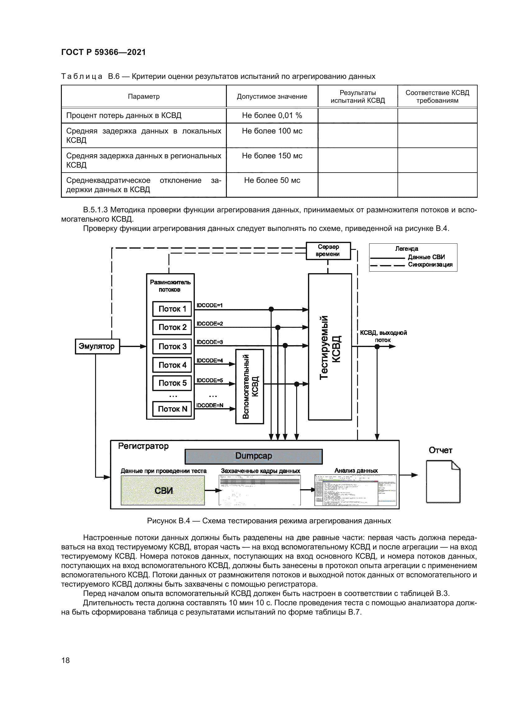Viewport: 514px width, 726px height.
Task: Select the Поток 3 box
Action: pos(172,346)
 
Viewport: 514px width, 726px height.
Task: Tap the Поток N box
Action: pos(172,409)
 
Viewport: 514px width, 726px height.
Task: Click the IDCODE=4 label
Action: pos(209,360)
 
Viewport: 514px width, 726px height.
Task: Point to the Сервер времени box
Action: pos(328,250)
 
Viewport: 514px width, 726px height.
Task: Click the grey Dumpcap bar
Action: pos(254,456)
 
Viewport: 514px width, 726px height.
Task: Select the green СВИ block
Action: pos(163,490)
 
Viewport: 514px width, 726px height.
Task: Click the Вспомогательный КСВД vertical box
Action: pos(250,386)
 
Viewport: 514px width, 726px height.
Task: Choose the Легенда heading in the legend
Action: pos(406,249)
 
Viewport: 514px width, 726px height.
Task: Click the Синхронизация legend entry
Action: pos(430,264)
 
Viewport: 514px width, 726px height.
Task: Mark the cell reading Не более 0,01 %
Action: pos(272,115)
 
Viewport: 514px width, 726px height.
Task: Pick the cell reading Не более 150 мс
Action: pos(272,156)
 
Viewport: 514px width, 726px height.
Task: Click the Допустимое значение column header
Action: pos(272,97)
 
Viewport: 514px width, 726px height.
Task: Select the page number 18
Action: pos(66,660)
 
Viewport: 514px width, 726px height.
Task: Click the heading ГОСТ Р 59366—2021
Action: pos(103,52)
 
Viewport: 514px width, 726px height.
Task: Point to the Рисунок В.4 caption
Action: pos(269,521)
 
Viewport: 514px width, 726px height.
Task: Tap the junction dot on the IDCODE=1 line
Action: pos(271,309)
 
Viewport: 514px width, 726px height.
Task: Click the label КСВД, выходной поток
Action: pos(383,336)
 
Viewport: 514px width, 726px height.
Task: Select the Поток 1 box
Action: pos(172,309)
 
